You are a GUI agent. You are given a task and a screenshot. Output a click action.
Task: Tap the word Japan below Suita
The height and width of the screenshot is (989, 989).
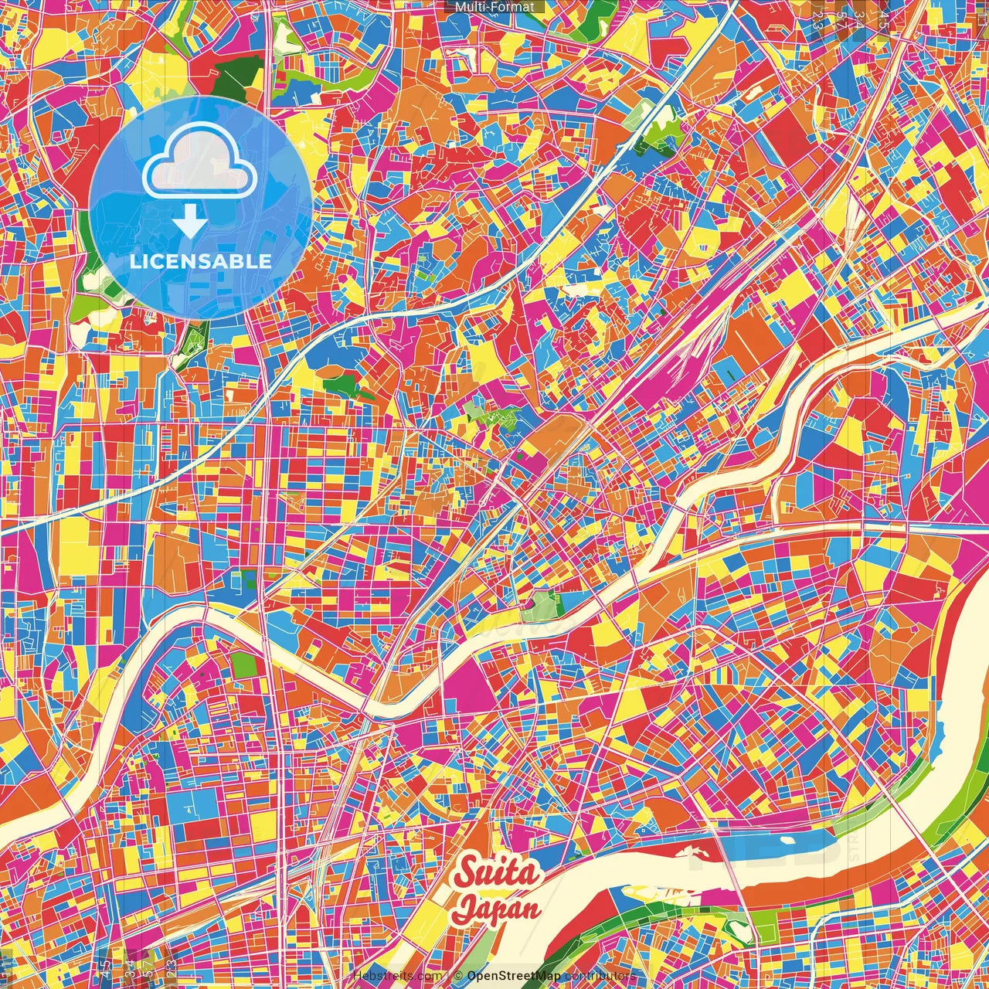click(497, 908)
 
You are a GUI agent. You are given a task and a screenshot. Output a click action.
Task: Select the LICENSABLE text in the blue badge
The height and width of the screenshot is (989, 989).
click(201, 261)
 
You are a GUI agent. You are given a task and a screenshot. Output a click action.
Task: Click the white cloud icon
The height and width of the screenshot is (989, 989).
click(200, 165)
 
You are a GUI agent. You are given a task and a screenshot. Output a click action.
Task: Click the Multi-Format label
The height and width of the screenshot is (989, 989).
click(494, 7)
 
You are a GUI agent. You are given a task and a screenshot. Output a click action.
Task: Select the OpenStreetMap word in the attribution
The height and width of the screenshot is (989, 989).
click(514, 976)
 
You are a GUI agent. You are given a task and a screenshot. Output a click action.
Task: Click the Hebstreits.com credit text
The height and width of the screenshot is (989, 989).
click(397, 976)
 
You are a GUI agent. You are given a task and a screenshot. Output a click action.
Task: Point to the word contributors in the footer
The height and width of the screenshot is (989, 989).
click(600, 976)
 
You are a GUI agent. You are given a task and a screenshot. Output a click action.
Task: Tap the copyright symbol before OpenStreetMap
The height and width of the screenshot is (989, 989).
click(458, 976)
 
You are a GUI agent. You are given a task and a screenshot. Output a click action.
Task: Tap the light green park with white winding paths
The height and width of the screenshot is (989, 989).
click(491, 413)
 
